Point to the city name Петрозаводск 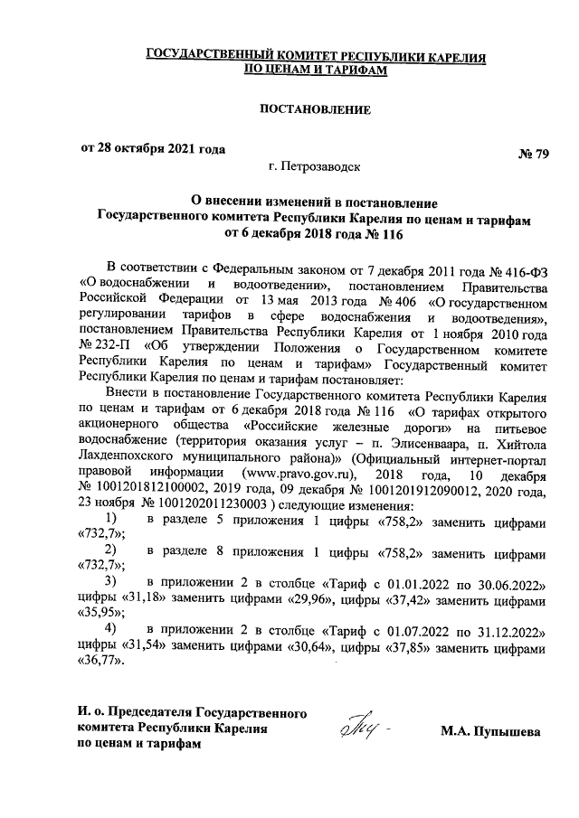[x=320, y=167]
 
